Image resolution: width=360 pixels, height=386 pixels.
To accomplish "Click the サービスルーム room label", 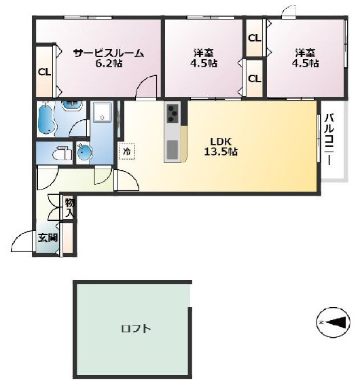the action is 109,53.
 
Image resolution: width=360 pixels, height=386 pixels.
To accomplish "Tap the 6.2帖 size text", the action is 109,64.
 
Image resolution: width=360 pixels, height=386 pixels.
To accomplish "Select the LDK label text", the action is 221,141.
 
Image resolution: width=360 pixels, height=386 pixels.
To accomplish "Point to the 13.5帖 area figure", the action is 221,152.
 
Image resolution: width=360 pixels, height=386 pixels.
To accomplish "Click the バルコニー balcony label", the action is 329,139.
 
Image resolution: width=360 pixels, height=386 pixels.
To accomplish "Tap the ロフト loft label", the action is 136,329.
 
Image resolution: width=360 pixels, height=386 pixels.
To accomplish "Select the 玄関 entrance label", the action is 48,238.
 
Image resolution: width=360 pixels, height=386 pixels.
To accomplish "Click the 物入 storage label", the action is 69,208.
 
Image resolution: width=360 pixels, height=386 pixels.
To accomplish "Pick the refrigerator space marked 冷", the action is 127,152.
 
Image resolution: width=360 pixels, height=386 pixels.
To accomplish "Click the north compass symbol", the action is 334,322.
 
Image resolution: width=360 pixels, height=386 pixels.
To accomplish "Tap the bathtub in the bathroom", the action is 46,119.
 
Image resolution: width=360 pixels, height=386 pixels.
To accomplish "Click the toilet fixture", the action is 62,153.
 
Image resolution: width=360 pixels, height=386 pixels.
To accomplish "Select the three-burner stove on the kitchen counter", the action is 173,113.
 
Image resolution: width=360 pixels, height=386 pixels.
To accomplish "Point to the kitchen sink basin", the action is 173,150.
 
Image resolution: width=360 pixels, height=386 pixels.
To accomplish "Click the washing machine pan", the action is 102,111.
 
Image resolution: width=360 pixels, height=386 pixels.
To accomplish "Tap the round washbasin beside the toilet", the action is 84,152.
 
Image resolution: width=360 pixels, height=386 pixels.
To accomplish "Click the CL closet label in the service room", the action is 44,72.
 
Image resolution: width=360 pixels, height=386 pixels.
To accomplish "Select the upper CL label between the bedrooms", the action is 254,38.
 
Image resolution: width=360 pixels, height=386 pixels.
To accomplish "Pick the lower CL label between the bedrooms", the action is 254,79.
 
